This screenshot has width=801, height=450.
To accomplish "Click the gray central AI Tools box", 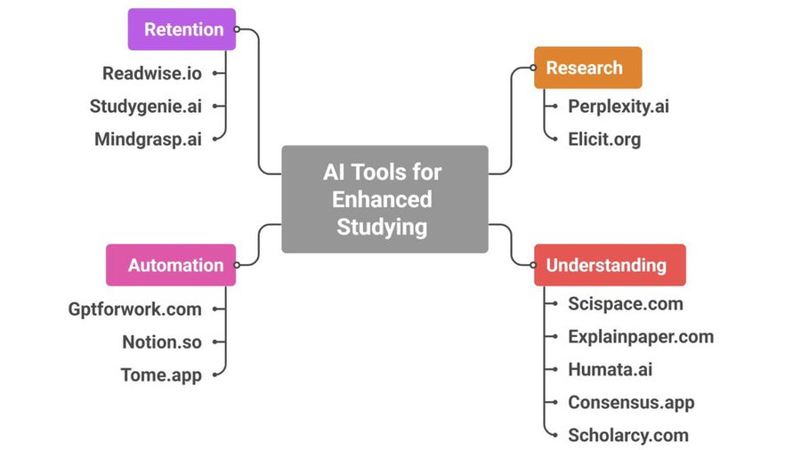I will click(384, 198).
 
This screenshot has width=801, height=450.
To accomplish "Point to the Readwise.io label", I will click(151, 74).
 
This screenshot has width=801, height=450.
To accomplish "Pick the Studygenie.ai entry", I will click(146, 107).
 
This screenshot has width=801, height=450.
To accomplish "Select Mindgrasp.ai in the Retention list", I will click(148, 139).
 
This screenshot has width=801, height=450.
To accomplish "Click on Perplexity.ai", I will click(619, 107).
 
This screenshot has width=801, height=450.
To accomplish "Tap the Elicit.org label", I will click(604, 139).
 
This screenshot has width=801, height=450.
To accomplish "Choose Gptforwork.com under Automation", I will click(135, 309).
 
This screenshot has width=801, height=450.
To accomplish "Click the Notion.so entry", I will click(162, 342).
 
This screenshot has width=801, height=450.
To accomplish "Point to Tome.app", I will click(161, 374).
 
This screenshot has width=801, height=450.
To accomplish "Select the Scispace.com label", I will click(626, 304).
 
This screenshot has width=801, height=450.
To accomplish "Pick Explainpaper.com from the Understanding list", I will click(641, 337).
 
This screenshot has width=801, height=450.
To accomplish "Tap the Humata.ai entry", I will click(611, 369).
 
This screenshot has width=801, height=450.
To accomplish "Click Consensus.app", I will click(631, 402).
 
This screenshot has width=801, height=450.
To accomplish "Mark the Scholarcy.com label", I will click(628, 435).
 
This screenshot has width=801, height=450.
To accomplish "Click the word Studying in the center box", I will click(382, 226).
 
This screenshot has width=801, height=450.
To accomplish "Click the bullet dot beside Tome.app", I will click(216, 374).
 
